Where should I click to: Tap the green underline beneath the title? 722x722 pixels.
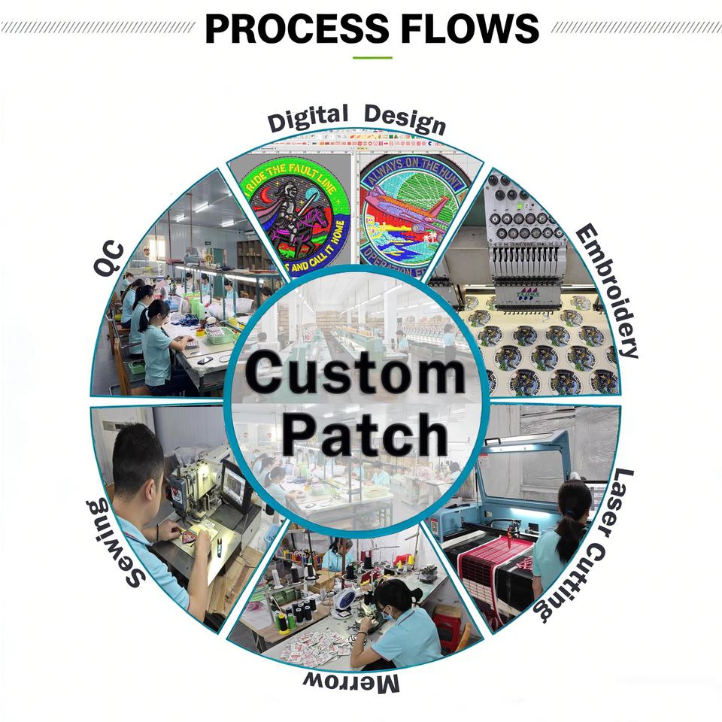coord(373,57)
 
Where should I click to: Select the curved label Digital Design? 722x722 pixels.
coord(356,120)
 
